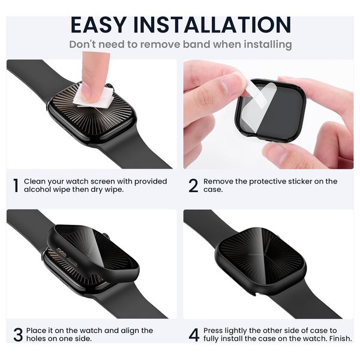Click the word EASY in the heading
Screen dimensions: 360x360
coord(98,25)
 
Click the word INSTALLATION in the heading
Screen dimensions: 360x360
coord(212,25)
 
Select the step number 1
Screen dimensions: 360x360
coord(16,185)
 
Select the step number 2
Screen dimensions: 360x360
coord(193,185)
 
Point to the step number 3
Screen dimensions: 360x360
coord(18,335)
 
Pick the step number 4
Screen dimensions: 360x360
coord(194,335)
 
